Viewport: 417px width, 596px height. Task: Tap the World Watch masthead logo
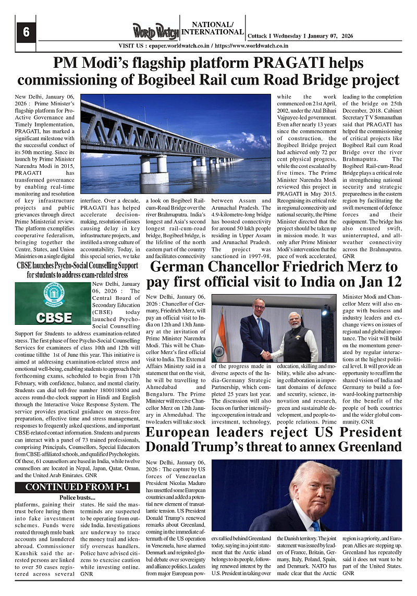coord(155,31)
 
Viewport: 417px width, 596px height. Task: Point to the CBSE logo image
coord(51,303)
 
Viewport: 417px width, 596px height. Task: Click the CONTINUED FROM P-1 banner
coord(78,487)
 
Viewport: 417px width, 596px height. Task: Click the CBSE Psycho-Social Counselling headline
coord(78,270)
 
